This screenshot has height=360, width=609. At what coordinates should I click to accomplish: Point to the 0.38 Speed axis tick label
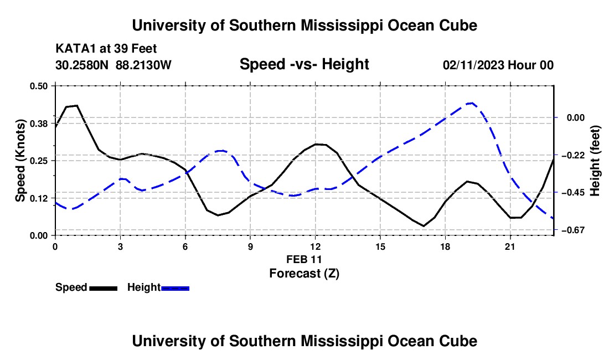[38, 124]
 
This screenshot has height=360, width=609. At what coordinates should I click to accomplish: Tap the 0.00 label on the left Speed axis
[38, 236]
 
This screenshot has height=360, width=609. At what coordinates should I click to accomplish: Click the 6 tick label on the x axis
[185, 246]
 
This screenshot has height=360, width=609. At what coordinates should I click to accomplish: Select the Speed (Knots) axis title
[20, 161]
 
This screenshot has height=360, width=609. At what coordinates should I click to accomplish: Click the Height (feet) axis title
[595, 161]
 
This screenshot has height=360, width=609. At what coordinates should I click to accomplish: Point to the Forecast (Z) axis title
[304, 274]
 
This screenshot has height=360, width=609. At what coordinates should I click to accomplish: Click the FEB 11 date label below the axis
[304, 259]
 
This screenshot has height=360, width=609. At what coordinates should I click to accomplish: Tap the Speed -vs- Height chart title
[304, 64]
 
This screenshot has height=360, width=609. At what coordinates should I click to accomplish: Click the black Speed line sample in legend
[104, 289]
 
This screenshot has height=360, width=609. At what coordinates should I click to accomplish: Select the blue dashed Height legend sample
[175, 289]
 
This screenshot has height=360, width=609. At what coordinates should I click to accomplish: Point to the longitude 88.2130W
[143, 65]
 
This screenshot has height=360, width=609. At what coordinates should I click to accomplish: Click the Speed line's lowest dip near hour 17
[424, 225]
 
